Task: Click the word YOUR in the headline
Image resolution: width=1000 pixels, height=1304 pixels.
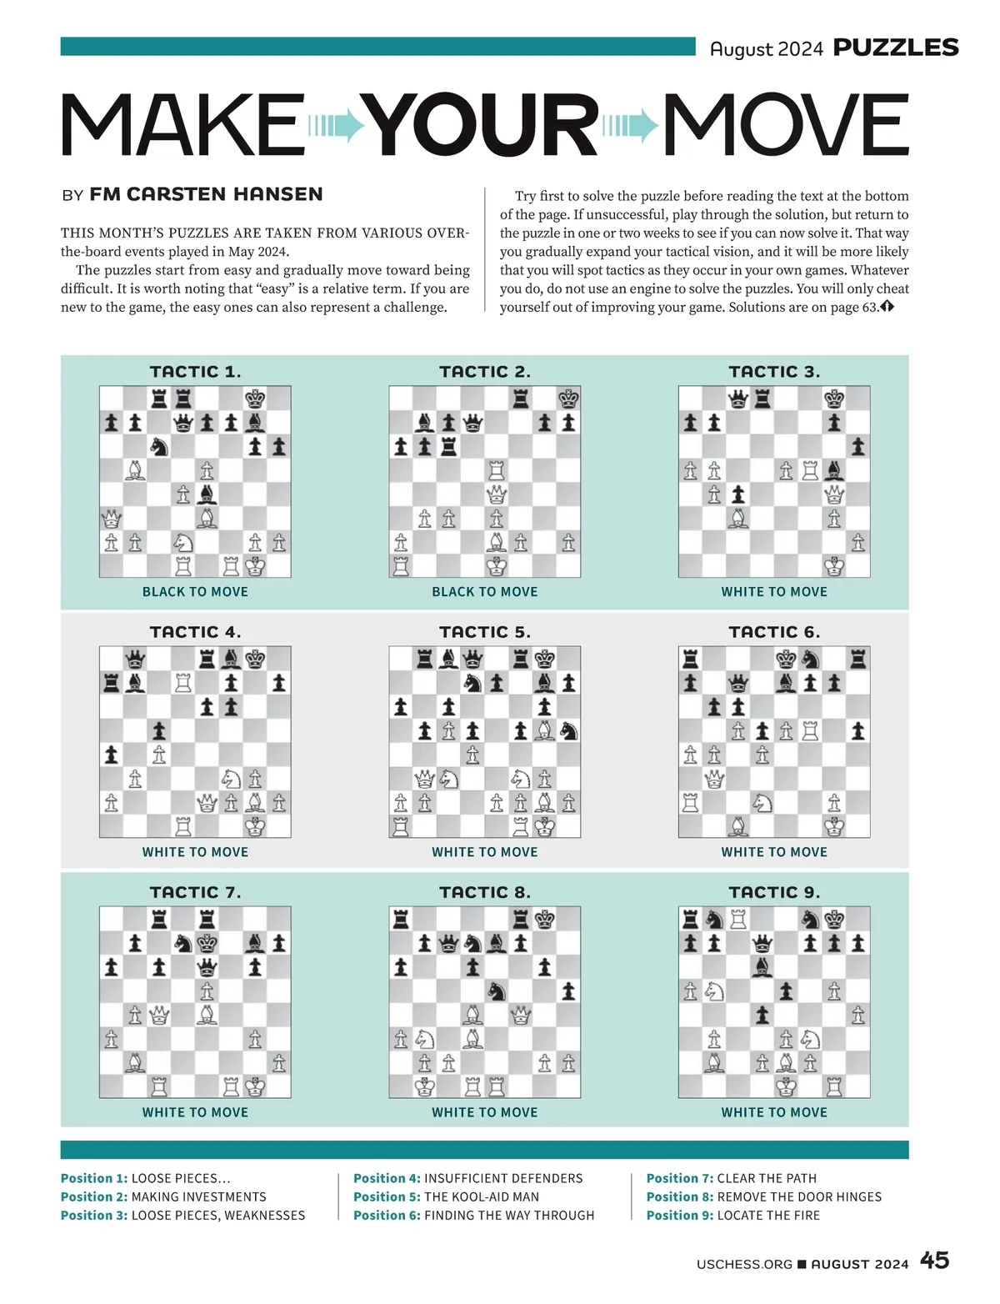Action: (x=483, y=125)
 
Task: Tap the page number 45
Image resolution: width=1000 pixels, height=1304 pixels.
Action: (x=934, y=1261)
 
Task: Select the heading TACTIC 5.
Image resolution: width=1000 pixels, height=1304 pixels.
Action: (x=484, y=632)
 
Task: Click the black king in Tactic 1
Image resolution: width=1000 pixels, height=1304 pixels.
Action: (x=255, y=399)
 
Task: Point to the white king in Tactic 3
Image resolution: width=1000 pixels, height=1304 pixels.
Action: (x=834, y=566)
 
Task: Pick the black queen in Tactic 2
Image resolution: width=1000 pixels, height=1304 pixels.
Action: (x=472, y=424)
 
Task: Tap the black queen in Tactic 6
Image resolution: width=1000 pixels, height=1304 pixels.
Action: (x=737, y=684)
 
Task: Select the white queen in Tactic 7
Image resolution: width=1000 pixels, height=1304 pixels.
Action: (x=159, y=1016)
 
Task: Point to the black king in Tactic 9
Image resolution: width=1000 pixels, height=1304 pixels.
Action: (x=834, y=920)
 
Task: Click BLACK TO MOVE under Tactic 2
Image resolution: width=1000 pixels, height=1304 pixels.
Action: (x=484, y=592)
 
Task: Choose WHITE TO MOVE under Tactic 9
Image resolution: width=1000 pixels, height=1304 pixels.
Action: (x=774, y=1112)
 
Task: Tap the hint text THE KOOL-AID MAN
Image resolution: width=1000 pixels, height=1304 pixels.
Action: (x=482, y=1196)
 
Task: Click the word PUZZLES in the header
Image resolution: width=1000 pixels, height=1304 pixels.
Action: (x=896, y=48)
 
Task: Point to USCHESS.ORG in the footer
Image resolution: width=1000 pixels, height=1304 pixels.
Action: (x=744, y=1264)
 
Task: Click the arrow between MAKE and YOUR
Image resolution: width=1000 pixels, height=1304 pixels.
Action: (x=337, y=126)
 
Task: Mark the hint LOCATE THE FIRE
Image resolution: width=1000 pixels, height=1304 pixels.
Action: (x=768, y=1215)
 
